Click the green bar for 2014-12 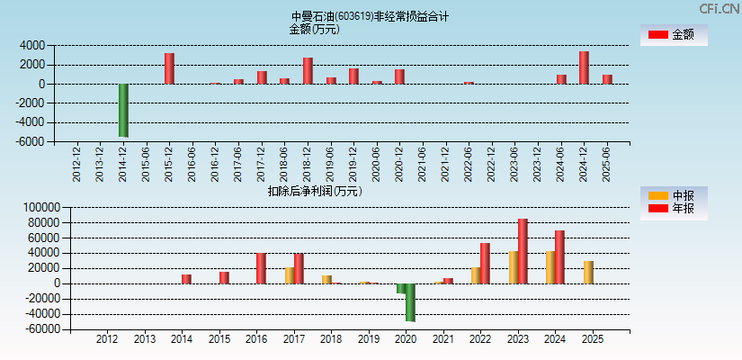(x=123, y=110)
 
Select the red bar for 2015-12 (x=169, y=68)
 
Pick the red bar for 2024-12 (x=584, y=67)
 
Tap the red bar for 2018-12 (x=308, y=71)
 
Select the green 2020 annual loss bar (x=411, y=302)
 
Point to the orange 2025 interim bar (x=588, y=273)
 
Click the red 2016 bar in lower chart (x=261, y=268)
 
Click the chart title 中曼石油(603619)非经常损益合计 (x=370, y=16)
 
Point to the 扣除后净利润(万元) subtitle (x=315, y=191)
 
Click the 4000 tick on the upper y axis (x=32, y=45)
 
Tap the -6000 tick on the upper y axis (x=31, y=142)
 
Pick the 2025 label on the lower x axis (x=593, y=339)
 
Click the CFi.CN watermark (x=720, y=8)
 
